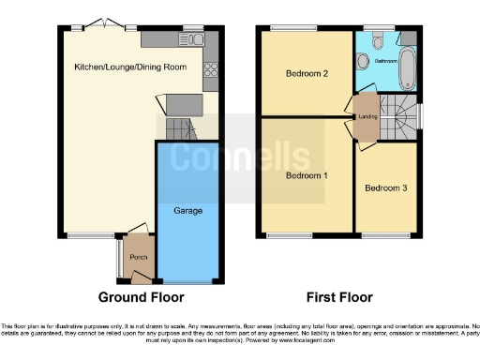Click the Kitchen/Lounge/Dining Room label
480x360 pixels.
pos(130,67)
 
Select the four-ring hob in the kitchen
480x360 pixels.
pos(211,67)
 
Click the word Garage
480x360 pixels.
pos(187,211)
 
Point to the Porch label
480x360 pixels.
pos(139,258)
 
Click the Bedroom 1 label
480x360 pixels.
pos(307,176)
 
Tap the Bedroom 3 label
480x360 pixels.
pos(386,188)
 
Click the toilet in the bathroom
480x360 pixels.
pos(376,39)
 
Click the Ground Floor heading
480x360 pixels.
pos(142,297)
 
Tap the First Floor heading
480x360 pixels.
pos(339,297)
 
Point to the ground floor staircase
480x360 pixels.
pos(178,127)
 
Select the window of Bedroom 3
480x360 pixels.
pos(383,233)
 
